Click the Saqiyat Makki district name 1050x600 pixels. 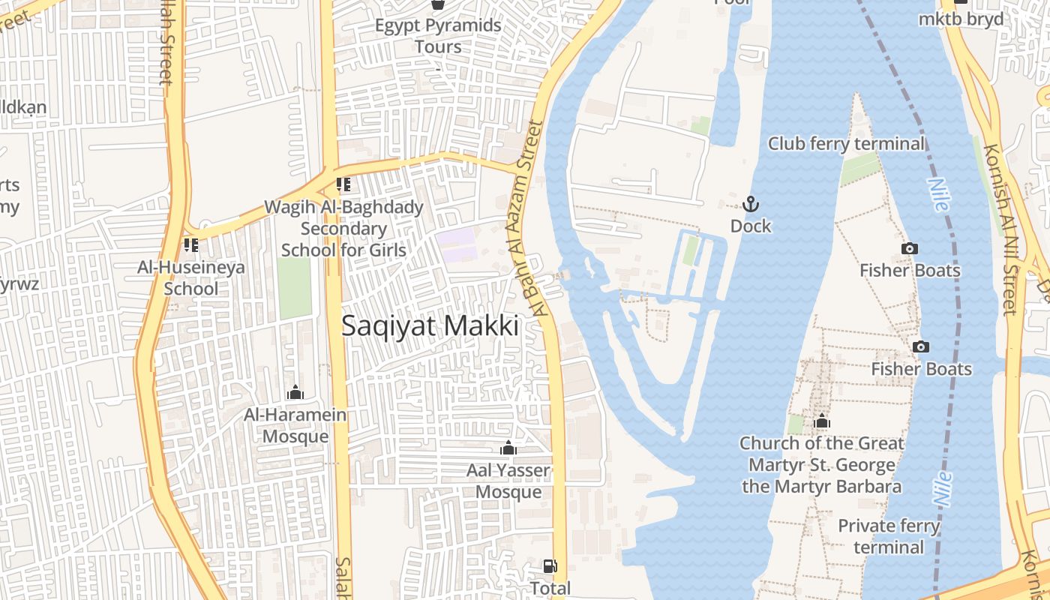(x=430, y=326)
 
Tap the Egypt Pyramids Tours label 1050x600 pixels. (x=438, y=36)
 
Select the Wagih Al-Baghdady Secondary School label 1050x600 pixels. (x=343, y=229)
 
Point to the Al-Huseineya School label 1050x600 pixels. (x=190, y=277)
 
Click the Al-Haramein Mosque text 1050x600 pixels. (x=295, y=425)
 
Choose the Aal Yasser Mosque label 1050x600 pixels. (x=508, y=481)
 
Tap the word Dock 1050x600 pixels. (x=750, y=226)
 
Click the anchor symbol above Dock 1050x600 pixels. (x=750, y=204)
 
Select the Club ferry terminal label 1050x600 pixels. (x=846, y=143)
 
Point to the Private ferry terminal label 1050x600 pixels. (x=889, y=536)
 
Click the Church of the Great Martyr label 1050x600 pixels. (x=822, y=464)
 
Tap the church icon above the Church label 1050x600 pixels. (x=822, y=421)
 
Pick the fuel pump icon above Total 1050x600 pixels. (x=550, y=566)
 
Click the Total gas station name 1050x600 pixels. (x=550, y=588)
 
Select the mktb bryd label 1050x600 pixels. (x=961, y=19)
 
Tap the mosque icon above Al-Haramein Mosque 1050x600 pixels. (x=295, y=392)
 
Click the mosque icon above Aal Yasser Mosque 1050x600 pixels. (x=508, y=448)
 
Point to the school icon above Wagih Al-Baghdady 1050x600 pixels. (x=343, y=184)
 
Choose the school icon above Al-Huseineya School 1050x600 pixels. (x=190, y=245)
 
